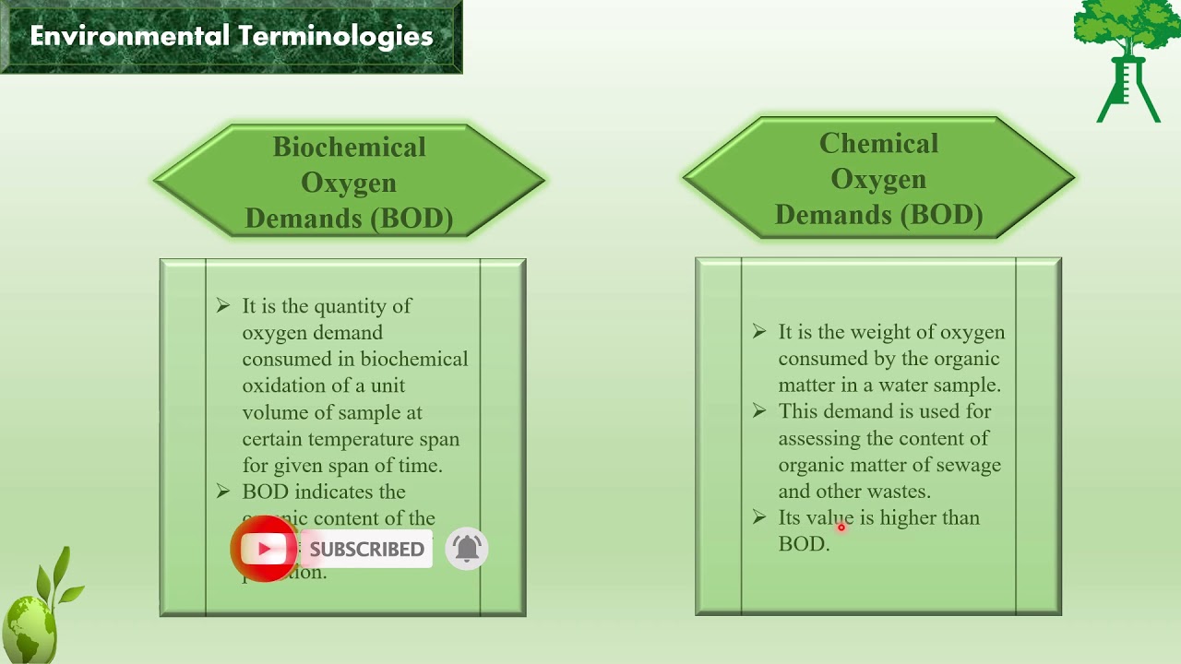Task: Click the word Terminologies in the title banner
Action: (336, 36)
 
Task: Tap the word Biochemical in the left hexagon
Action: (349, 148)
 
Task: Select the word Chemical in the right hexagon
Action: (878, 144)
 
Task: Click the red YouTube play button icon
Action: (265, 550)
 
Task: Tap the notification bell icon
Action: (467, 549)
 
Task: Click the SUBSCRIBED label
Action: (366, 550)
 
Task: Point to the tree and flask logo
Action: (1127, 60)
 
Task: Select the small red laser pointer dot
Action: (841, 528)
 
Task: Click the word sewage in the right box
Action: (969, 465)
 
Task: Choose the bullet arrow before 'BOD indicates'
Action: (223, 492)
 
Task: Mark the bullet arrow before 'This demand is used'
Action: (759, 411)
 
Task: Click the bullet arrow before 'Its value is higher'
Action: (759, 517)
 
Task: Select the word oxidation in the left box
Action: (283, 385)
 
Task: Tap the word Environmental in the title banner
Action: (129, 36)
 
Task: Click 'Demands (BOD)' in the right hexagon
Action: (878, 215)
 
